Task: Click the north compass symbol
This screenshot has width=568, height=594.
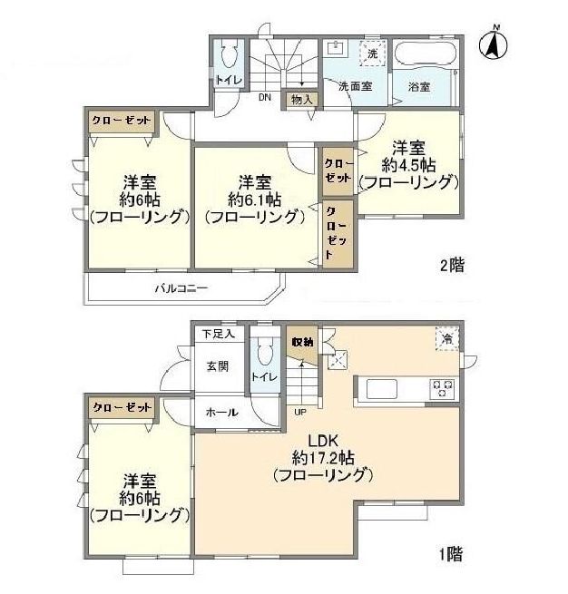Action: pos(494,44)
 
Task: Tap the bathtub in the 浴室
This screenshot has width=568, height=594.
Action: pos(425,54)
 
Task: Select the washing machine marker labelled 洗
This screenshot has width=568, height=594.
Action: pos(373,53)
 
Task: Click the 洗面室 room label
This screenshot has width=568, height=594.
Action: pos(355,86)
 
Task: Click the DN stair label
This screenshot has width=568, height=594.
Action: pos(265,97)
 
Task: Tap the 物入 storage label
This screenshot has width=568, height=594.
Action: pos(301,100)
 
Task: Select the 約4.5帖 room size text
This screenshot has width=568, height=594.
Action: pos(408,165)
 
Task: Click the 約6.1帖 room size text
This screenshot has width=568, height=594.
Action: pos(255,200)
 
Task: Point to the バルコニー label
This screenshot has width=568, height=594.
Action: pos(181,288)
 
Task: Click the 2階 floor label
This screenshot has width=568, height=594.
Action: pos(452,265)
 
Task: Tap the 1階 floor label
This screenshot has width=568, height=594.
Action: pos(451,554)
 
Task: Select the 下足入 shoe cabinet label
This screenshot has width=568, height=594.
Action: pos(219,334)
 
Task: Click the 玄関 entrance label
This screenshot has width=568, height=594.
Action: pos(218,366)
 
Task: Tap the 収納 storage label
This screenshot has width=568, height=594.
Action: pos(302,342)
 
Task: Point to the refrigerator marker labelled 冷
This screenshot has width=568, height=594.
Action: pos(447,338)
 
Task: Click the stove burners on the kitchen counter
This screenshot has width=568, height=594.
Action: pos(442,389)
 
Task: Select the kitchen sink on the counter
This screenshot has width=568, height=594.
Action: pos(382,389)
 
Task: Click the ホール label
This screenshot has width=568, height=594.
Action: pos(221,412)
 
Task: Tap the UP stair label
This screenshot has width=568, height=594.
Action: pos(300,412)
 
